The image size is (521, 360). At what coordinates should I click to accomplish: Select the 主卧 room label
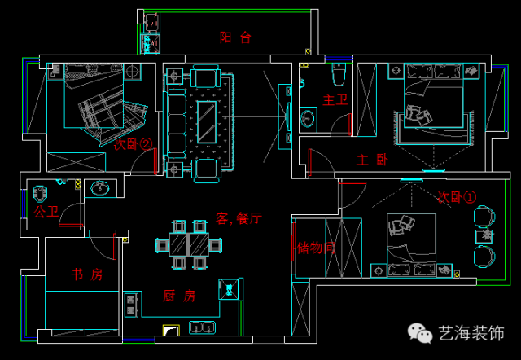click(x=372, y=160)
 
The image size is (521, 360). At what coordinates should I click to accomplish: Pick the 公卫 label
click(x=46, y=212)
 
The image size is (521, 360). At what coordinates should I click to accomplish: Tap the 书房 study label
click(x=86, y=274)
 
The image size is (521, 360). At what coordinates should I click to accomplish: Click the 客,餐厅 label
click(x=239, y=217)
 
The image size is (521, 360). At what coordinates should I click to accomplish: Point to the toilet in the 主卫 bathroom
click(x=339, y=75)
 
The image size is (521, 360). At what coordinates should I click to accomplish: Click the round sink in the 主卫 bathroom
click(x=308, y=119)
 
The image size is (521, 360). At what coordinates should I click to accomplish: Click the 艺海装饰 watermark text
click(x=471, y=334)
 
